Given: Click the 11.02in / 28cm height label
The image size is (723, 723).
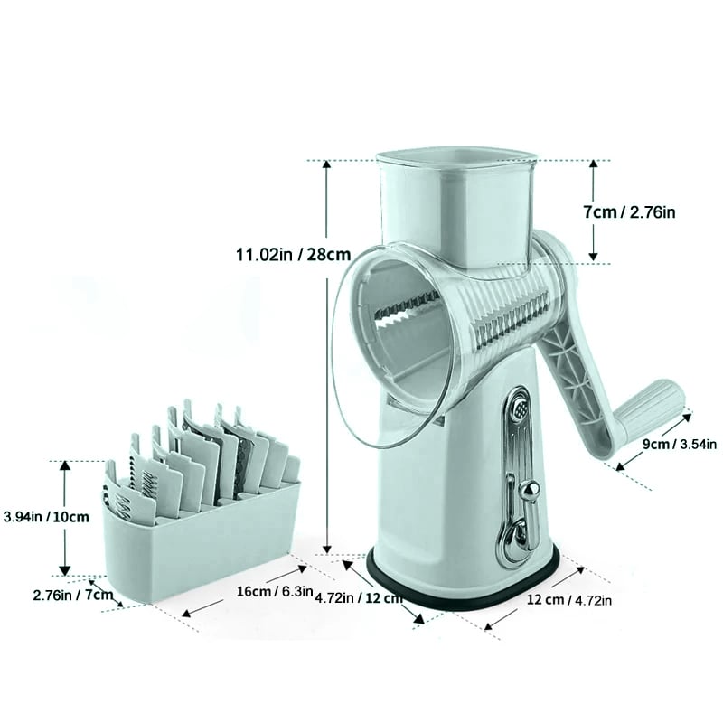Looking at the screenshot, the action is coord(293,255).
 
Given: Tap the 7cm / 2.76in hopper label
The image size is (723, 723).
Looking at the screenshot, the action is coord(629,212).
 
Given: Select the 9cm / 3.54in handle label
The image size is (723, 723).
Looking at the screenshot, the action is coord(680,444).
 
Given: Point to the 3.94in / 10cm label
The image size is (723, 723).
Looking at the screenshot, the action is coord(46,516).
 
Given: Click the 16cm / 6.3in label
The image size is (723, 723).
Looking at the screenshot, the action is coord(275,592).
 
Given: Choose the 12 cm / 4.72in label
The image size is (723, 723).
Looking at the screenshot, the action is coord(569,600).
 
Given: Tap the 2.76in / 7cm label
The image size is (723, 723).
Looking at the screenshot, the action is coord(73,595).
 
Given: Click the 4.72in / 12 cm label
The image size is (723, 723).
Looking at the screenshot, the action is coord(359,598).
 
